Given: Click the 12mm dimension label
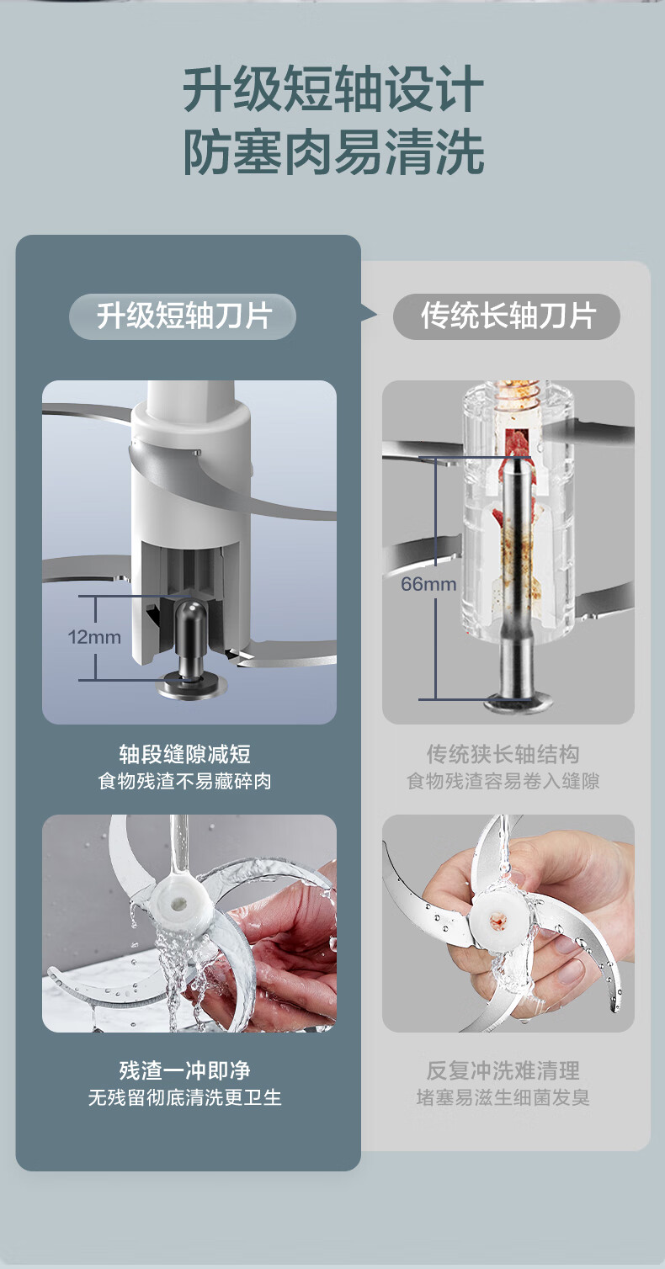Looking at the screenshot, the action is [94, 637].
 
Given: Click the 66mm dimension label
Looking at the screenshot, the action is [428, 583].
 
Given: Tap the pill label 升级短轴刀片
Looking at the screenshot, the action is [183, 316].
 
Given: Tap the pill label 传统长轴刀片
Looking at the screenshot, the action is [506, 316].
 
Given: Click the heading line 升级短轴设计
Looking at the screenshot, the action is [332, 89].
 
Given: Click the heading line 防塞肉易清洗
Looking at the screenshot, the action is [332, 151].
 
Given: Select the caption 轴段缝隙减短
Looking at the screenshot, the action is [185, 754].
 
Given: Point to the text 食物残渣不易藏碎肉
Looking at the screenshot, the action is [185, 781].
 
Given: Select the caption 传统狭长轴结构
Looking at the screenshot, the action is [503, 754].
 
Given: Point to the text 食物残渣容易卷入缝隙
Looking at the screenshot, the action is [503, 781].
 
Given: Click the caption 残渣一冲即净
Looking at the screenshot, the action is [185, 1070].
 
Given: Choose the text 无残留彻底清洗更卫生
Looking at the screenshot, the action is [185, 1098].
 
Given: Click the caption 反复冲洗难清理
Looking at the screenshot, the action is [503, 1070].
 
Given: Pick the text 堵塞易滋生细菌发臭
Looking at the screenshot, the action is [503, 1098].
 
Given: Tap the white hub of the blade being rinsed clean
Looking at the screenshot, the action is [178, 903].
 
